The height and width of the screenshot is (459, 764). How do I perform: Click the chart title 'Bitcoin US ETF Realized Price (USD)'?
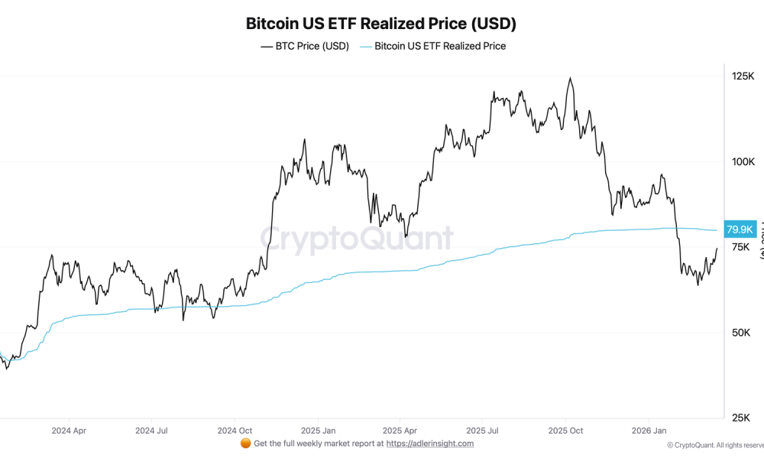point(380,23)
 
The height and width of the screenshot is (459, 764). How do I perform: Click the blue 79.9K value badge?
point(740,229)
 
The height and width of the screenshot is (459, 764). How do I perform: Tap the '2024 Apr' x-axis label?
point(69,431)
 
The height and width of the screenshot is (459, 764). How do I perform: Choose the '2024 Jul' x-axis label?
point(151,431)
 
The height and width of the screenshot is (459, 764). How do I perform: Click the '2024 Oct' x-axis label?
point(235,431)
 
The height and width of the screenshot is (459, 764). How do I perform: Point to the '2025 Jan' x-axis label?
point(318,431)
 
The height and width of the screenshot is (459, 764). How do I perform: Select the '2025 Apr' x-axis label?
point(400,431)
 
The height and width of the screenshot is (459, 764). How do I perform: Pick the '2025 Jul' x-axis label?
point(483,431)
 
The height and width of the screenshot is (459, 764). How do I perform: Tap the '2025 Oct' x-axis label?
point(566,431)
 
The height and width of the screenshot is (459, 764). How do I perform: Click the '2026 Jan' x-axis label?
point(649,431)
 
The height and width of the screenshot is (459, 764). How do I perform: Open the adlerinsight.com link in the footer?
point(430,444)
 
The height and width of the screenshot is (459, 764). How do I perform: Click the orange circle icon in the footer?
point(245,444)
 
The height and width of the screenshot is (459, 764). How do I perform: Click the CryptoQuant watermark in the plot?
point(357,239)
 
